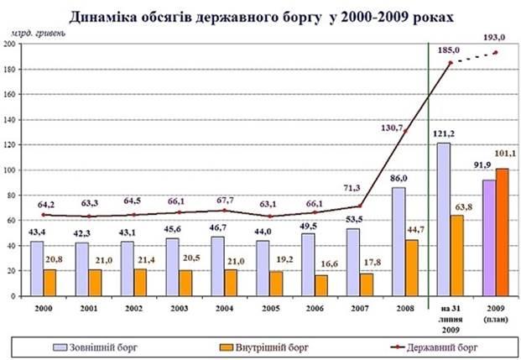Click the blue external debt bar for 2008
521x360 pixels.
coord(400,243)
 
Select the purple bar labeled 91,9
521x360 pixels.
coord(487,238)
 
